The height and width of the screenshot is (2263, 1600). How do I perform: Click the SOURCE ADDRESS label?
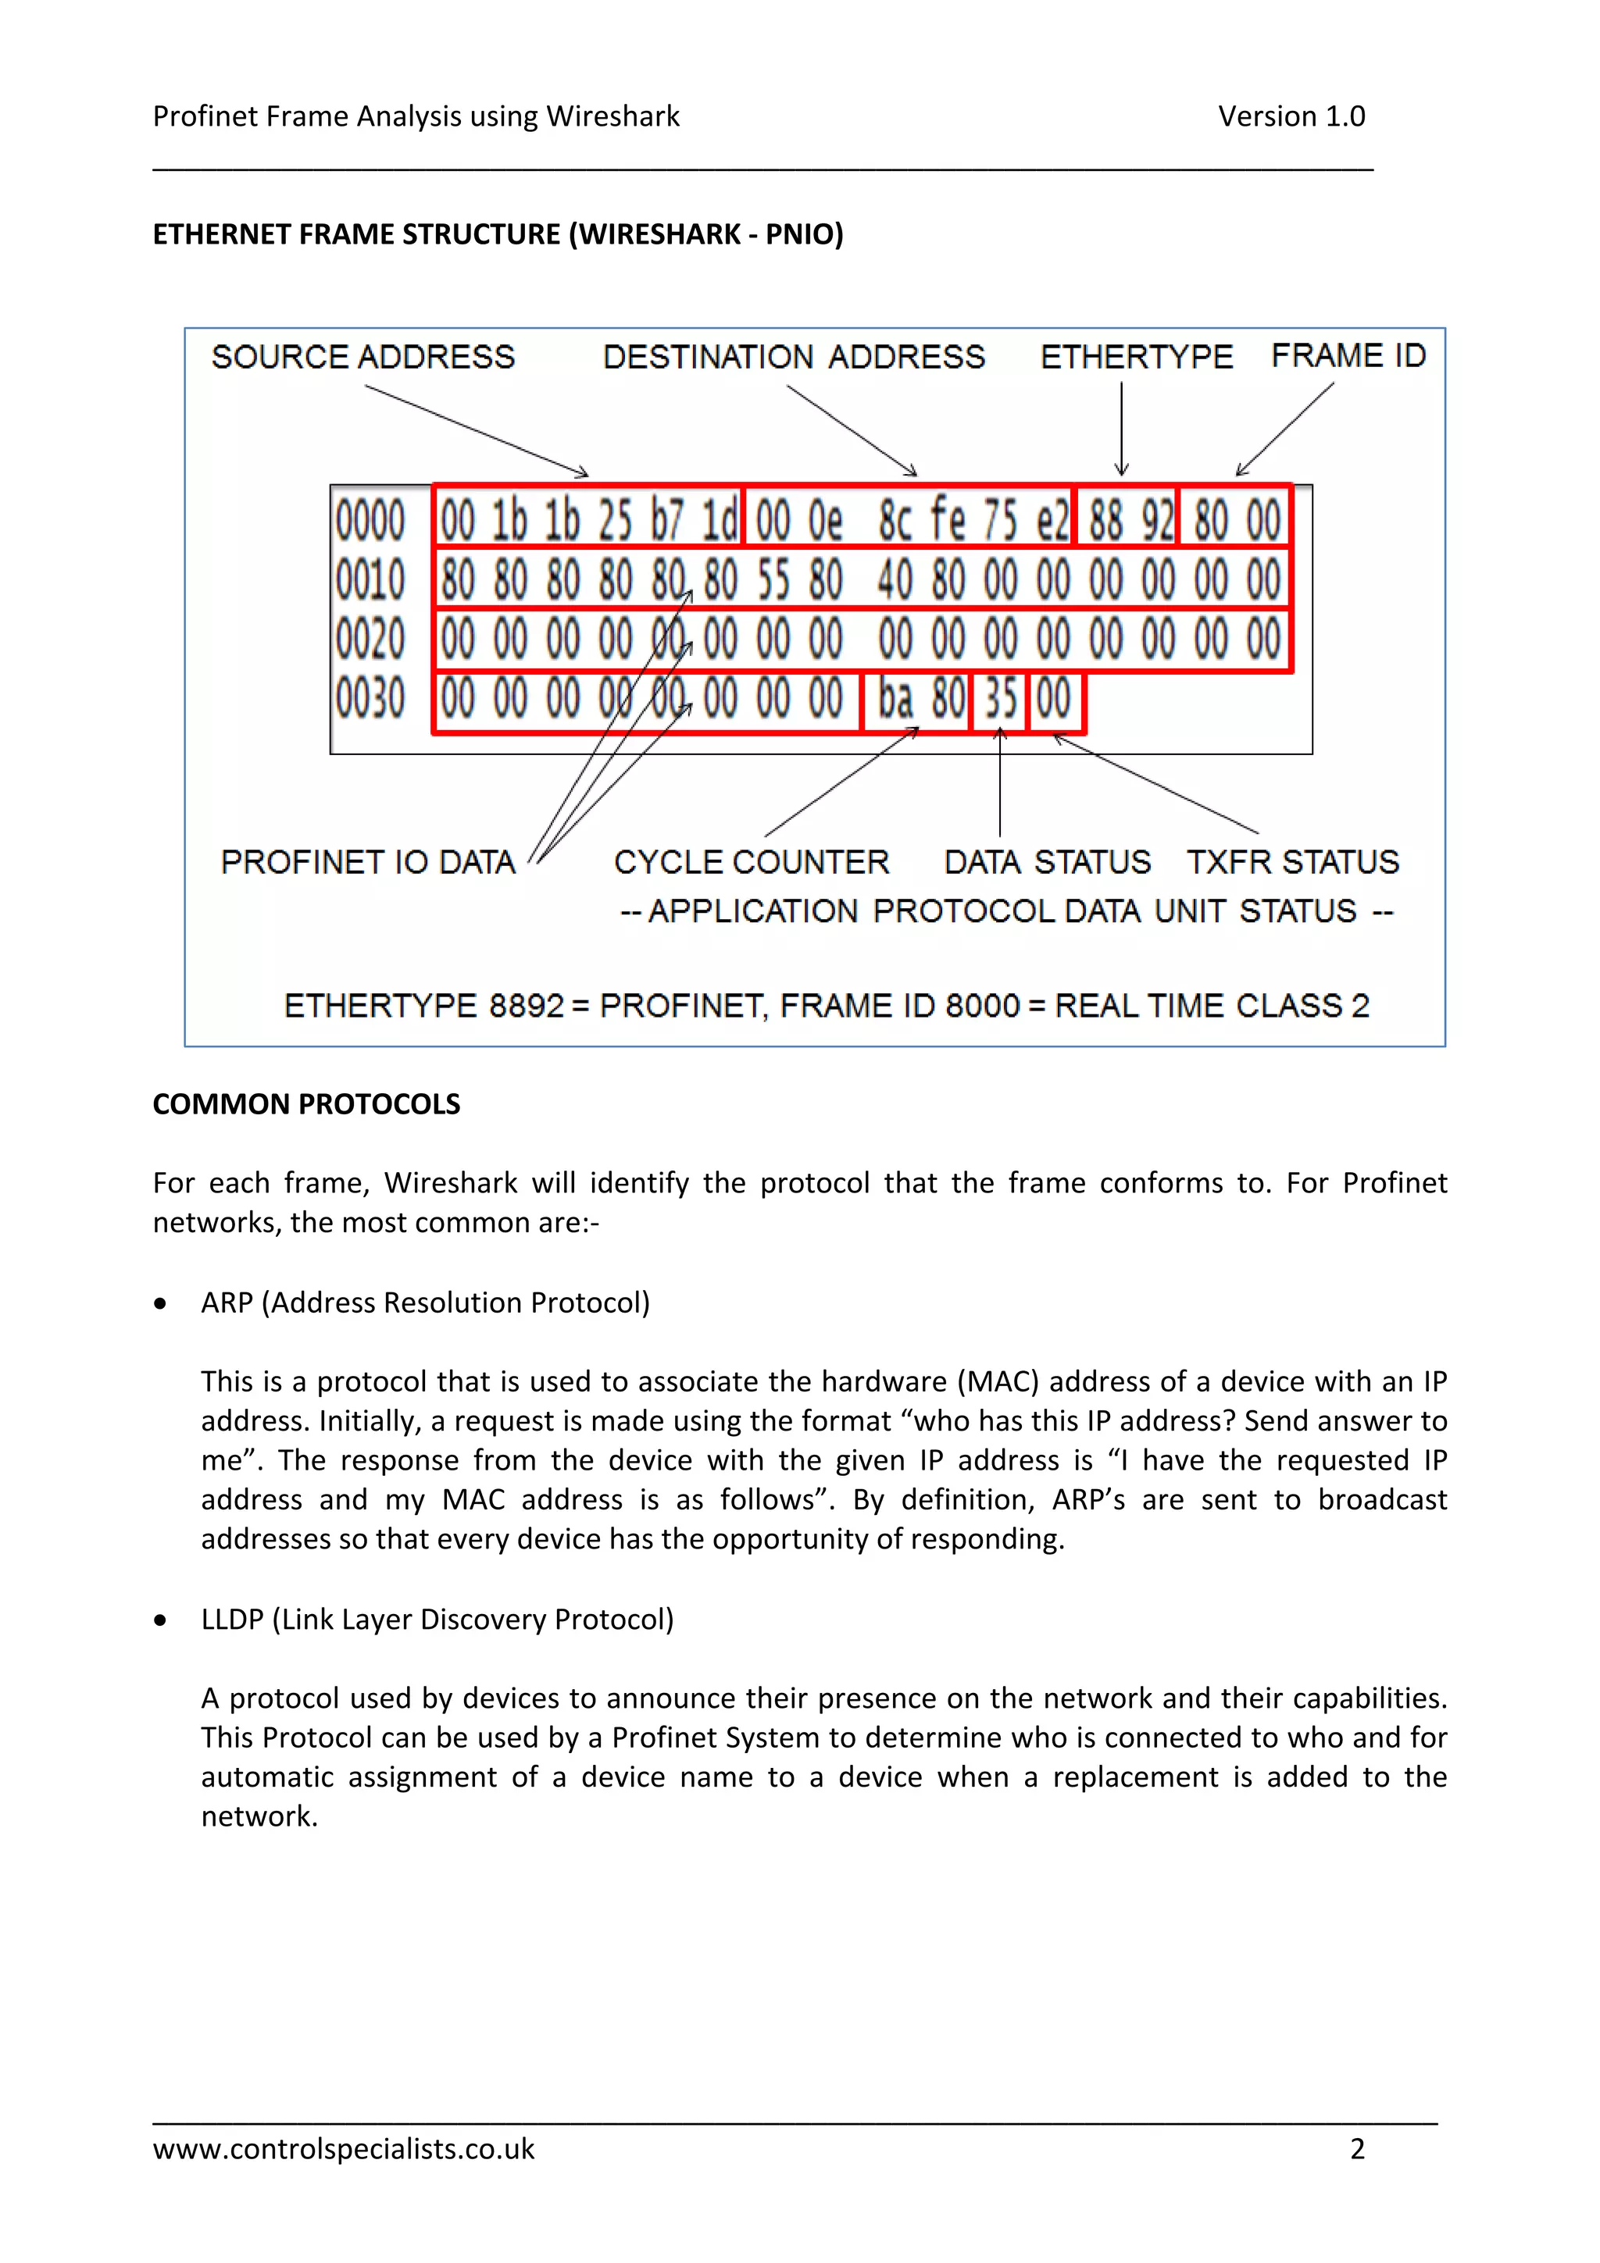362,357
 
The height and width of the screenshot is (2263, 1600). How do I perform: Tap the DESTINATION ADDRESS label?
794,357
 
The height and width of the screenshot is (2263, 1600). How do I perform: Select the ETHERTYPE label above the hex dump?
1136,357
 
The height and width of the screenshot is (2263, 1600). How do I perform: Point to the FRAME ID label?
1348,356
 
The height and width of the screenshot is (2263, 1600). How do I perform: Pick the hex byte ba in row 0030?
895,699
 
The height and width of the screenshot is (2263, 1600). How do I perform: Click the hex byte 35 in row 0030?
1000,699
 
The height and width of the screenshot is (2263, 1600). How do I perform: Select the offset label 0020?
370,639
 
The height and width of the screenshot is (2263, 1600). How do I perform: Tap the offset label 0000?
370,520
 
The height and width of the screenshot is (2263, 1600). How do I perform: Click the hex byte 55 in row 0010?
773,579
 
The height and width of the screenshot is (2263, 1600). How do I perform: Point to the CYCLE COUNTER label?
752,862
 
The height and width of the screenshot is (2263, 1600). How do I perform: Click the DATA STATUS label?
1047,862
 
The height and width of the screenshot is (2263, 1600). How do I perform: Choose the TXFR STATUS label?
1292,862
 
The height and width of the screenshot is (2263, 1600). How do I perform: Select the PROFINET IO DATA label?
368,862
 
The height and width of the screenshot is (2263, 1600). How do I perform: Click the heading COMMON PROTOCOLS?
305,1104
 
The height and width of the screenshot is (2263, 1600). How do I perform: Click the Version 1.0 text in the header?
1291,116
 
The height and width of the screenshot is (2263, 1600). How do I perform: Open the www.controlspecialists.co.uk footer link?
343,2149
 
